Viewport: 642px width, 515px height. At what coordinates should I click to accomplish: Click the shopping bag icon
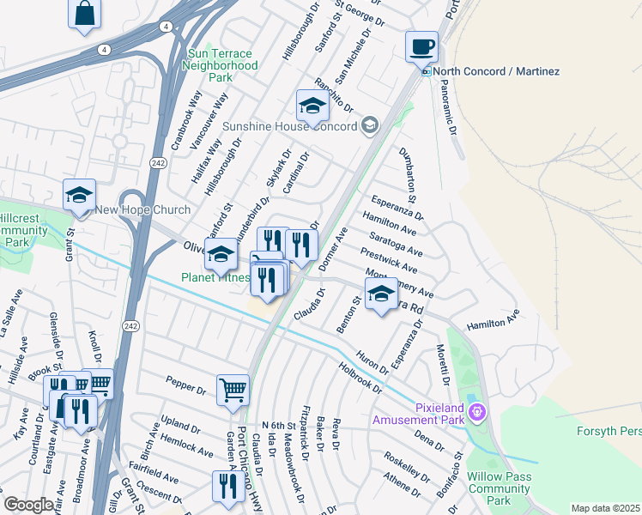pyautogui.click(x=84, y=14)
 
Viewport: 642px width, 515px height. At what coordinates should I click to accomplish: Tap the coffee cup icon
pyautogui.click(x=421, y=45)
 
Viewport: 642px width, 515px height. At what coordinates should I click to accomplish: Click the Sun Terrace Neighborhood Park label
pyautogui.click(x=221, y=65)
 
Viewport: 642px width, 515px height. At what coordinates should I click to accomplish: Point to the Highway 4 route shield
pyautogui.click(x=103, y=50)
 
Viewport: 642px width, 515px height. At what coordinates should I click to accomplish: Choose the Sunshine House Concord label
pyautogui.click(x=289, y=126)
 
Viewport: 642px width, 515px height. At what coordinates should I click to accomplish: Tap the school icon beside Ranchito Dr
pyautogui.click(x=312, y=106)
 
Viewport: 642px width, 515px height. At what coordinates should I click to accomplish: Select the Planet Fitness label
pyautogui.click(x=215, y=277)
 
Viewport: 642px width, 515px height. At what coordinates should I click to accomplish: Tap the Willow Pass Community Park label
pyautogui.click(x=499, y=488)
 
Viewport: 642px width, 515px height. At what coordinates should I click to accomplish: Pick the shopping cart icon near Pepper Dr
pyautogui.click(x=233, y=391)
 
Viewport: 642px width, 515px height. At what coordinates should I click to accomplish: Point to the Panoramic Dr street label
pyautogui.click(x=449, y=110)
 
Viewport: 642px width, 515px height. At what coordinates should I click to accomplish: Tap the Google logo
pyautogui.click(x=27, y=506)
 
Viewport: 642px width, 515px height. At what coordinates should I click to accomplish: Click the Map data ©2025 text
pyautogui.click(x=606, y=508)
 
